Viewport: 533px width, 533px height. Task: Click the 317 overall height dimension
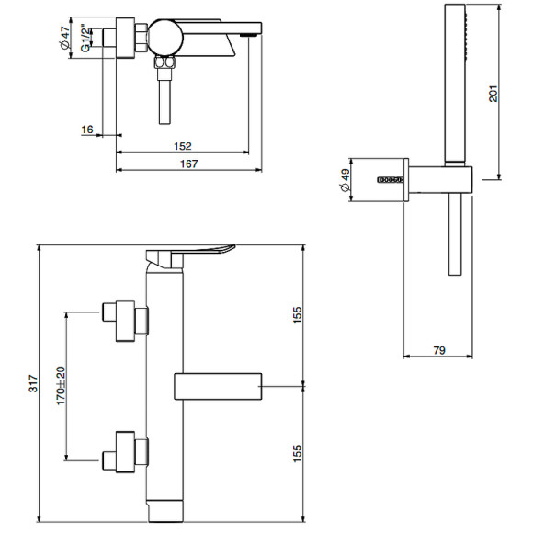point(33,384)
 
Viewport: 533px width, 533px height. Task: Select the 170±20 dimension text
point(61,385)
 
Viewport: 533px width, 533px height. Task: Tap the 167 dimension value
point(188,164)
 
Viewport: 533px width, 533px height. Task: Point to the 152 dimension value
point(183,146)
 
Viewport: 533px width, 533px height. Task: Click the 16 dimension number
point(87,130)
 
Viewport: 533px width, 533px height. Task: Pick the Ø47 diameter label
point(64,38)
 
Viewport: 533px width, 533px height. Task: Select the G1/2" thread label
point(85,38)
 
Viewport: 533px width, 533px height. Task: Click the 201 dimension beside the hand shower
point(493,94)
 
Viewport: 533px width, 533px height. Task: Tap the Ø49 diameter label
point(345,180)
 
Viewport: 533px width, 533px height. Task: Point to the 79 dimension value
point(439,350)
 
